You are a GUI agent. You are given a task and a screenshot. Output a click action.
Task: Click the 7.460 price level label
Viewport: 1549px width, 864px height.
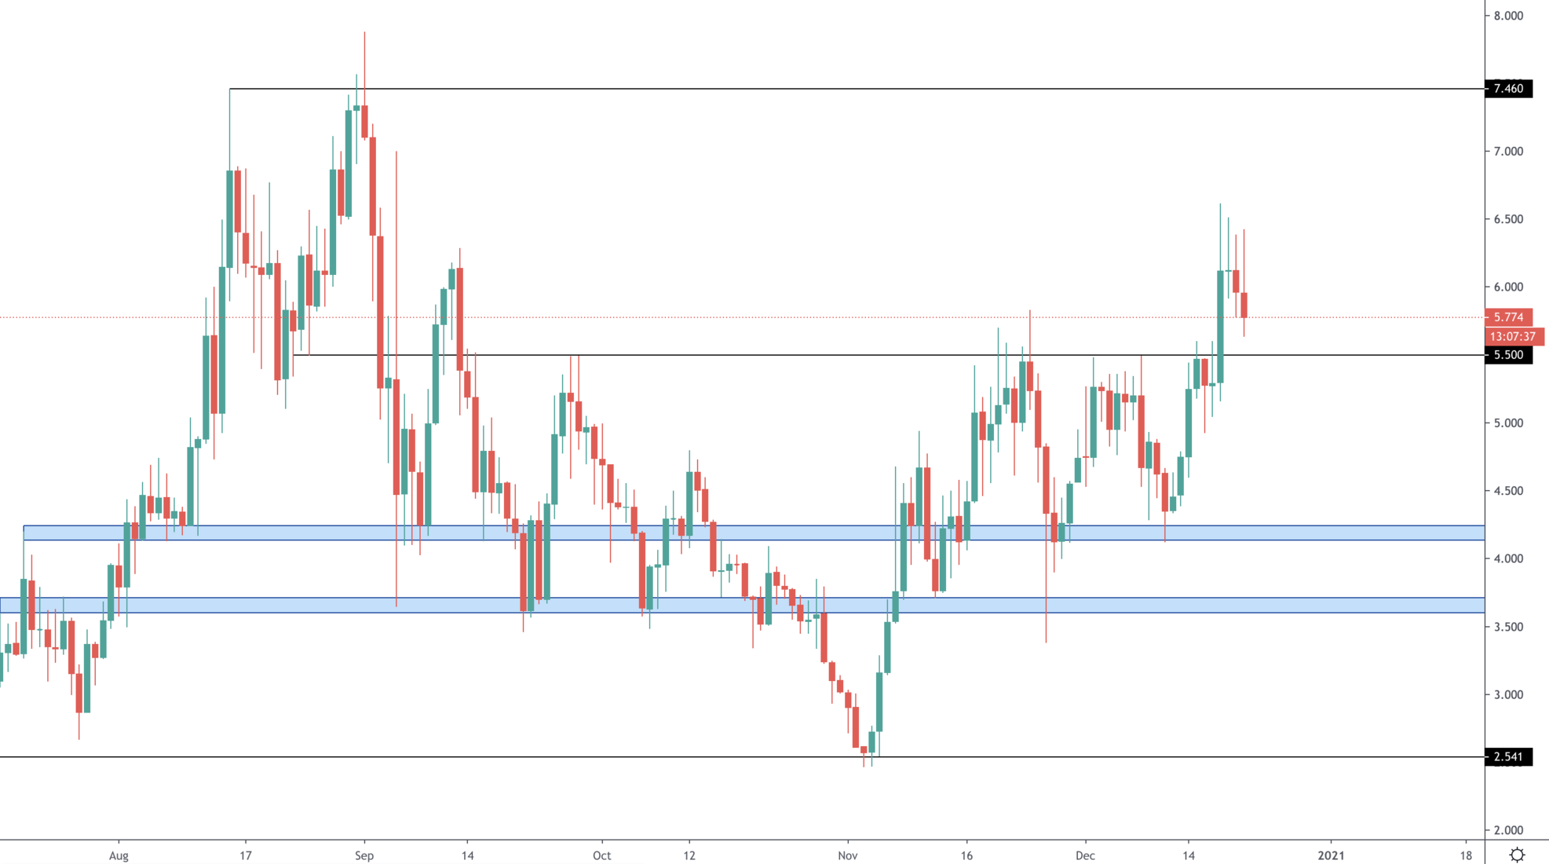coord(1508,89)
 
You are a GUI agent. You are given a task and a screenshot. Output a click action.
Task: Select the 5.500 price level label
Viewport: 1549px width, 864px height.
coord(1508,355)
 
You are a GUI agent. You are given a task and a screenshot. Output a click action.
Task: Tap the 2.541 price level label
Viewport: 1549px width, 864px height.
coord(1508,757)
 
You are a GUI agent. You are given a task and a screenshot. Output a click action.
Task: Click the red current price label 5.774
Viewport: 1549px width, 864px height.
coord(1508,317)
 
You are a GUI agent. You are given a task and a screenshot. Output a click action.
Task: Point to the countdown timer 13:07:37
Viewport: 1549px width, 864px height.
coord(1512,336)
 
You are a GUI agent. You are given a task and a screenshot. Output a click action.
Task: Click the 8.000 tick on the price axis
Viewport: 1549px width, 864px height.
coord(1508,16)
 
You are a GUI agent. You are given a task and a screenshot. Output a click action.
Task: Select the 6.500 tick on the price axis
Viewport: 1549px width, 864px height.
coord(1508,219)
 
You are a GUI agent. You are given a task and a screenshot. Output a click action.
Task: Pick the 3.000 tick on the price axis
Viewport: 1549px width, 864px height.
coord(1508,694)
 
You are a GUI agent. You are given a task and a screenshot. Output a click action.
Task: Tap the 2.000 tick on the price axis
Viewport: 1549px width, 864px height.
coord(1508,830)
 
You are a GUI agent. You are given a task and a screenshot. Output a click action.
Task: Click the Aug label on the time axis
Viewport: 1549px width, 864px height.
coord(119,855)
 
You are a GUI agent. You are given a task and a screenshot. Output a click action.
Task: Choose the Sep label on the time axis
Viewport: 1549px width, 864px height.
coord(364,855)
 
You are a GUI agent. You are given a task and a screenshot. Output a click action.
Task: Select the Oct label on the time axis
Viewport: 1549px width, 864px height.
coord(601,855)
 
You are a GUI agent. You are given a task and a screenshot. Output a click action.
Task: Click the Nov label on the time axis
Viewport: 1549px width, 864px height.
coord(847,855)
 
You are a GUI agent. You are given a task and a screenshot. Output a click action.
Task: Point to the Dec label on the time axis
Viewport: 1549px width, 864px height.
coord(1085,855)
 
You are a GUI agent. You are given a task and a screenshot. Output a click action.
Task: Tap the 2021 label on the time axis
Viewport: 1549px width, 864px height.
coord(1331,855)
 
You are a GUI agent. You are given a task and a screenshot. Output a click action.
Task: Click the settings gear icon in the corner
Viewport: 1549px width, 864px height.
coord(1517,855)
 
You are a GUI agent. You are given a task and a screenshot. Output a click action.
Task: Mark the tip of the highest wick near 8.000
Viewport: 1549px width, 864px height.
coord(364,32)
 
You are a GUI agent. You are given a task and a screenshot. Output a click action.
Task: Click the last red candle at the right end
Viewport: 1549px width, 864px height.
coord(1244,305)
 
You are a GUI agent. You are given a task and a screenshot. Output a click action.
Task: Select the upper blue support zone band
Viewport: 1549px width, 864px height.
coord(754,533)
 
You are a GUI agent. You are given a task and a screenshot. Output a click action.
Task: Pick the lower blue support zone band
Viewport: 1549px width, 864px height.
coord(754,605)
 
